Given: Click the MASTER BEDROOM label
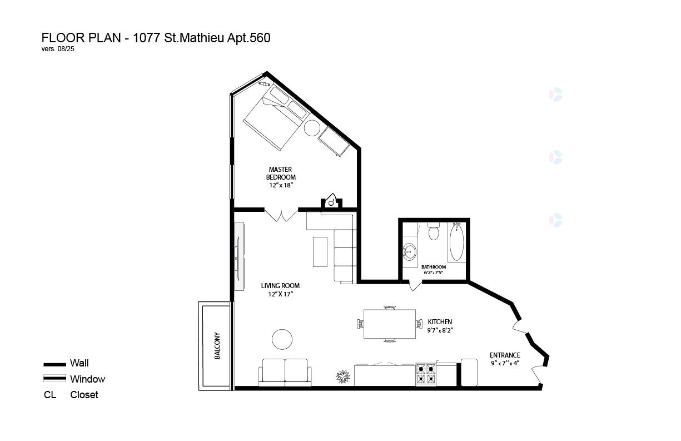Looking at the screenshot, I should pos(281,173).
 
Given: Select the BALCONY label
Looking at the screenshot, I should pos(217,346).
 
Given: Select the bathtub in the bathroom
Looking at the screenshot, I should pos(456,242).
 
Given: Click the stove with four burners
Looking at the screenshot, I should pos(426,374).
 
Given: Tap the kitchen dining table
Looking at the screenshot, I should pos(389,324).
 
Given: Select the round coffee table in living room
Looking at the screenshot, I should pos(282,339).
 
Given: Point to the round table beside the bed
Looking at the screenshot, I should pos(312,128).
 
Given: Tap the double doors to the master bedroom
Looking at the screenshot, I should pos(281,215).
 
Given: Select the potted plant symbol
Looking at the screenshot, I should pos(342,376).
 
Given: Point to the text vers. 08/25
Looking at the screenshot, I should pos(58,49).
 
